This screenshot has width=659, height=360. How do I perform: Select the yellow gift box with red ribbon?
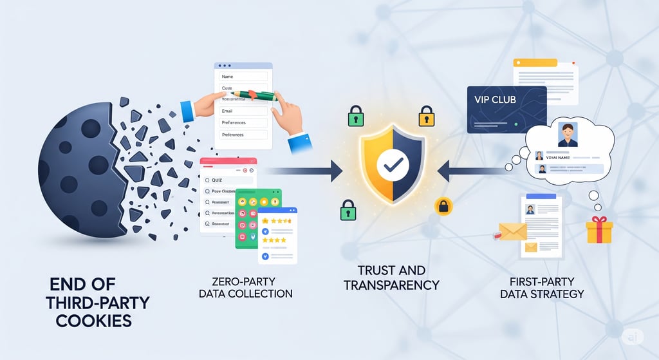click(x=599, y=229)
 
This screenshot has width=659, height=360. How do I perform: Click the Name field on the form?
click(x=243, y=77)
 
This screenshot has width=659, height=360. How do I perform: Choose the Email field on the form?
click(x=243, y=111)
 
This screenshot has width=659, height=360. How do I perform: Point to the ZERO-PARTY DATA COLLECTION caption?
click(x=252, y=287)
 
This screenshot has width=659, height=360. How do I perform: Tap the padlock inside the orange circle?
click(x=443, y=206)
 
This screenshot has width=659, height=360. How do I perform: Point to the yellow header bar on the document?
click(x=535, y=62)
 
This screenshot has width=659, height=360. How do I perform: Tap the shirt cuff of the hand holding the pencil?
click(x=187, y=110)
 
